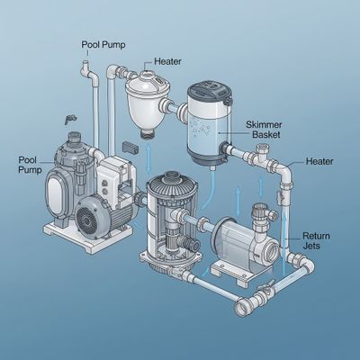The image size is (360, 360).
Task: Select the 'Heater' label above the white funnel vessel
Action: point(166,61)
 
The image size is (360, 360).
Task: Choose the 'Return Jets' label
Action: point(316,237)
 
